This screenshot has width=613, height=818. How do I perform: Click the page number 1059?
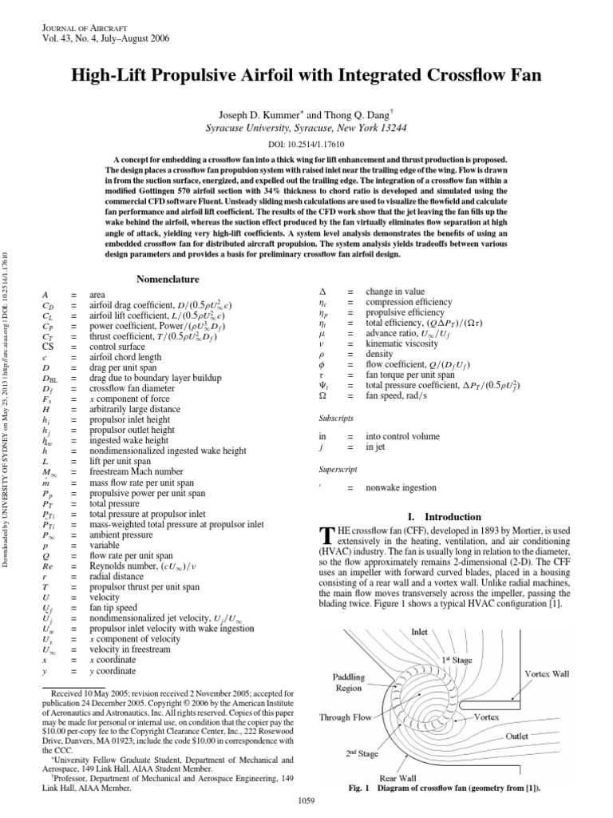[307, 800]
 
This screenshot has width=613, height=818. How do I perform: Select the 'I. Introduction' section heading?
[444, 516]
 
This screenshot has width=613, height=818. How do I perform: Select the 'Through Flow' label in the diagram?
[345, 717]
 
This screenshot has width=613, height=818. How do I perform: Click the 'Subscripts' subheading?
[336, 418]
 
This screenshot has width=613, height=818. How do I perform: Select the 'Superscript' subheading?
[338, 470]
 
